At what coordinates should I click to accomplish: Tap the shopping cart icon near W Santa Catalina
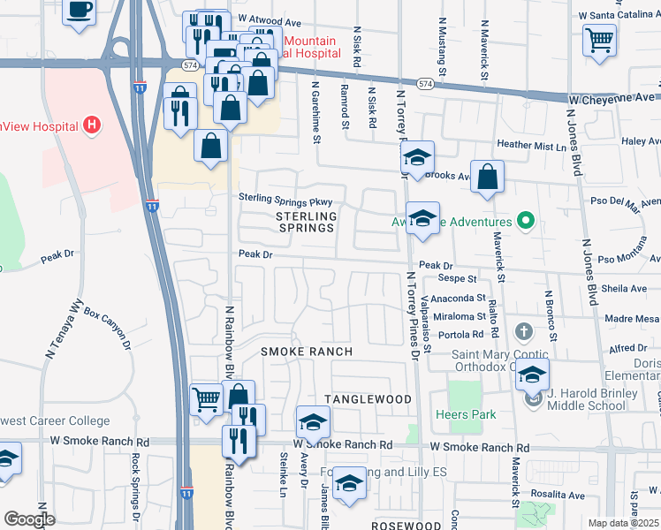point(599,40)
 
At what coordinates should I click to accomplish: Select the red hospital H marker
point(90,126)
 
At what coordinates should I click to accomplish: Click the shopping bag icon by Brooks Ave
point(487,177)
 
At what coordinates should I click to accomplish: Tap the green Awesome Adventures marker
point(526,222)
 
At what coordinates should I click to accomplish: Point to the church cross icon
point(524,332)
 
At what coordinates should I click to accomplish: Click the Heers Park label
point(466,414)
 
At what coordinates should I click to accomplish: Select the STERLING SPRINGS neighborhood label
point(306,222)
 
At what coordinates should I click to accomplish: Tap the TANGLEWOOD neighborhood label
point(368,399)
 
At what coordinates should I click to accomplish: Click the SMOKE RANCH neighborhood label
point(306,352)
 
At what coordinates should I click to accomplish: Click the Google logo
point(29,519)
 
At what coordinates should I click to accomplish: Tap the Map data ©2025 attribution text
point(623,523)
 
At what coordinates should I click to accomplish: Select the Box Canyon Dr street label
point(107,328)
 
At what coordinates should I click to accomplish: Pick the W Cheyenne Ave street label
point(612,97)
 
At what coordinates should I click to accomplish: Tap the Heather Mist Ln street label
point(529,143)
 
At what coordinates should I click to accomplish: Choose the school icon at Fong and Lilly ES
point(350,483)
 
